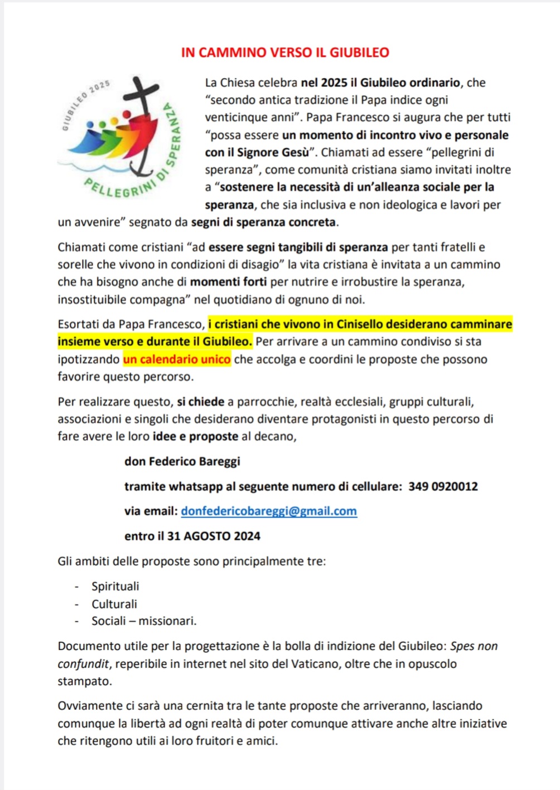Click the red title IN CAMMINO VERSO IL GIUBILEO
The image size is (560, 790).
pyautogui.click(x=285, y=52)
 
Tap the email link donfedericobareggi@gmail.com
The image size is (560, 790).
pyautogui.click(x=269, y=511)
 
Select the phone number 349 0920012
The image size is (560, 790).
pyautogui.click(x=443, y=486)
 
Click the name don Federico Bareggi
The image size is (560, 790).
pyautogui.click(x=182, y=461)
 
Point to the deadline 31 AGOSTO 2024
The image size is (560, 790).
pyautogui.click(x=214, y=536)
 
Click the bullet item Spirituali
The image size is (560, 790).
pyautogui.click(x=115, y=586)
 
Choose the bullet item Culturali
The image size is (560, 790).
pyautogui.click(x=114, y=604)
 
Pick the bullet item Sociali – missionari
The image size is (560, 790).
pyautogui.click(x=144, y=621)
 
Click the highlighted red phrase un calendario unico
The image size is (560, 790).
pyautogui.click(x=177, y=359)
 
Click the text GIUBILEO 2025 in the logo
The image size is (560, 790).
pyautogui.click(x=84, y=103)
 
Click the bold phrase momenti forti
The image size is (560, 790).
pyautogui.click(x=229, y=282)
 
